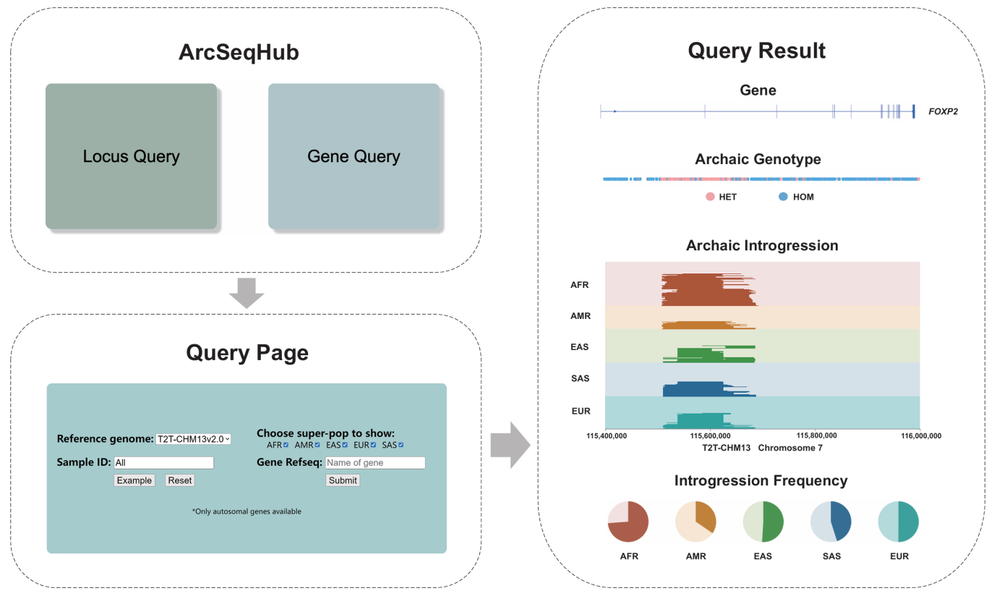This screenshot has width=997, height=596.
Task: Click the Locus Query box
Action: [131, 156]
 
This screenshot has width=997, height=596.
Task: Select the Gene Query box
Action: [354, 156]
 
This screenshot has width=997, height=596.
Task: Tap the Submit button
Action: [343, 480]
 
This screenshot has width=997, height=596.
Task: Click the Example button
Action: [134, 480]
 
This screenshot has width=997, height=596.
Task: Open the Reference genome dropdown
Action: [194, 439]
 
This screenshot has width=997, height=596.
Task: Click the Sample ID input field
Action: [163, 463]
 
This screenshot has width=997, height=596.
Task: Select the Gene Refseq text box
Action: [375, 463]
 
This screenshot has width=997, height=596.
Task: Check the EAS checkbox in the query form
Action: [345, 445]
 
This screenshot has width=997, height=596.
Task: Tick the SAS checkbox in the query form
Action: [401, 445]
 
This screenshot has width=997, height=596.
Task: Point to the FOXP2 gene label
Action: [943, 112]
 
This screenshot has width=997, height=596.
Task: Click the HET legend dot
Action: [710, 197]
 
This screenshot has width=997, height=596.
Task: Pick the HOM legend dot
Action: [783, 197]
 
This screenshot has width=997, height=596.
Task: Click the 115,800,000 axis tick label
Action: [816, 436]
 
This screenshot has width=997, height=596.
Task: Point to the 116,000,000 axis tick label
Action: [920, 436]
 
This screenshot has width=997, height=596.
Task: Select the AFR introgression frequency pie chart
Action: [628, 521]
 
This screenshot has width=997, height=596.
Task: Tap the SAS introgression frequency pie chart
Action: [831, 521]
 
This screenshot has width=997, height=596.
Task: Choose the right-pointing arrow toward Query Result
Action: [510, 445]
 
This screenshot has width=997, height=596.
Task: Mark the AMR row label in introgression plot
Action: [580, 317]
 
